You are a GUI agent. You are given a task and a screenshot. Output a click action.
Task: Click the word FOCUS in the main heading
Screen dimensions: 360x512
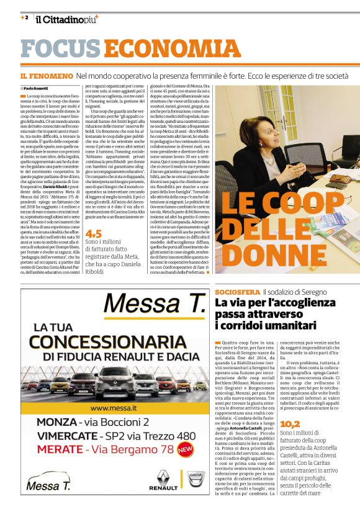[60, 49]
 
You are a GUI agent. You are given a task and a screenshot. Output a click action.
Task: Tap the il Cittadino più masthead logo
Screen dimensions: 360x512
[66, 20]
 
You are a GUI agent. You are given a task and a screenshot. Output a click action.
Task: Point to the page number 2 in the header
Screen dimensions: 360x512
[26, 17]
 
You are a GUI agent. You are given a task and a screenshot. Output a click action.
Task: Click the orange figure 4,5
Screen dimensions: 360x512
[94, 234]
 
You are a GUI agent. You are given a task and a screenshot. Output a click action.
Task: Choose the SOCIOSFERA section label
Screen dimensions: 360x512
[236, 292]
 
